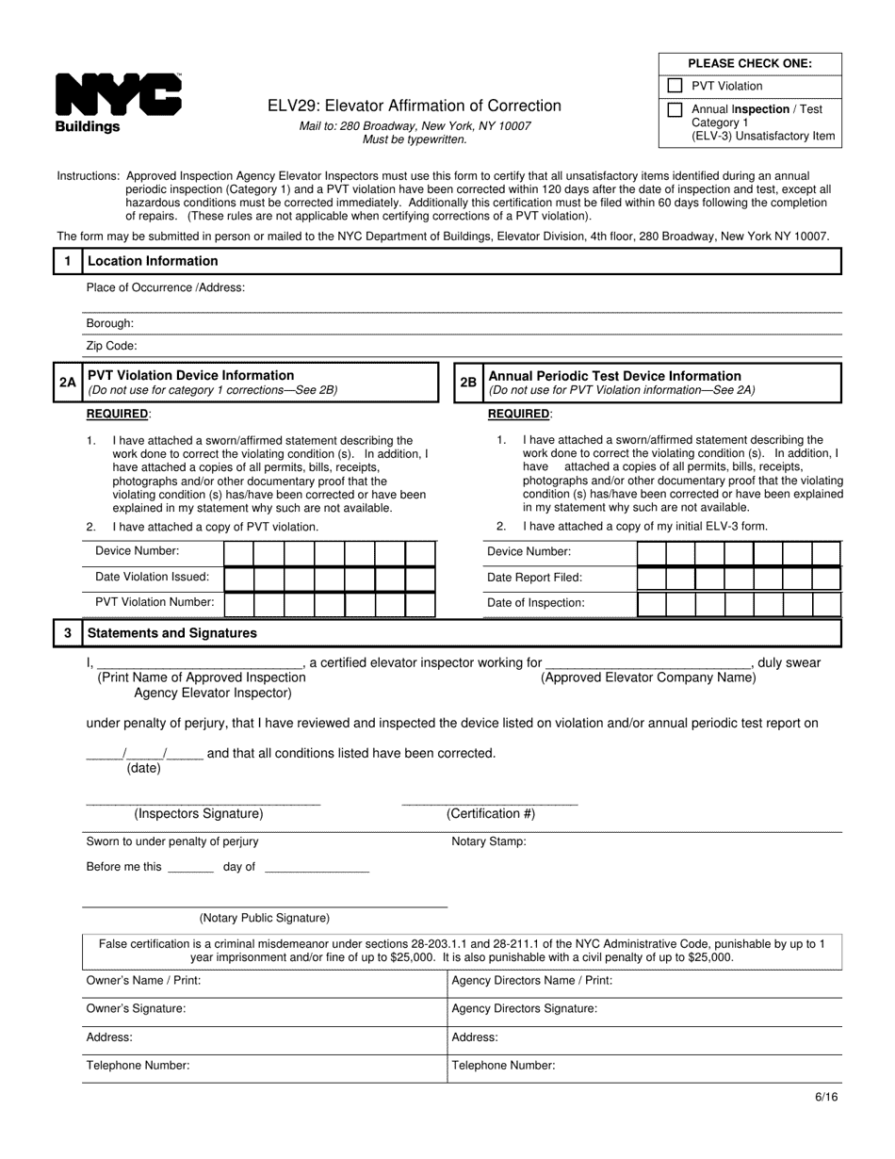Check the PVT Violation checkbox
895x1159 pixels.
tap(675, 86)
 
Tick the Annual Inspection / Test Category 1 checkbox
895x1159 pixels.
tap(675, 109)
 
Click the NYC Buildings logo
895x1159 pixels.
tap(118, 103)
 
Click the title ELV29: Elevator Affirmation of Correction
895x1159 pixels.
tap(414, 106)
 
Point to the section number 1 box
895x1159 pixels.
tap(67, 261)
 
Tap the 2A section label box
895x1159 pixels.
tap(67, 383)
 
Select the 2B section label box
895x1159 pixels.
tap(468, 383)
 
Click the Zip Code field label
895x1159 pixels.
tap(111, 346)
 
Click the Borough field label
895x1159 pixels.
tap(109, 323)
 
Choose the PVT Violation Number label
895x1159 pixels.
tap(155, 602)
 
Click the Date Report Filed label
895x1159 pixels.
tap(534, 578)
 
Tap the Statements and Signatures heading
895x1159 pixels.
tap(171, 633)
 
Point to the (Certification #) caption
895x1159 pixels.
tap(490, 813)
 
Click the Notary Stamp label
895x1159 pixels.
tap(489, 841)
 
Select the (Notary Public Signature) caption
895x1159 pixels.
tap(264, 918)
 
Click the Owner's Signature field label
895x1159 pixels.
tap(136, 1008)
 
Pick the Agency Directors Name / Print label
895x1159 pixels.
tap(531, 980)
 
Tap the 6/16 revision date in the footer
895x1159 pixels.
tap(826, 1097)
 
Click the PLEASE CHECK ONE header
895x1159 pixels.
tap(749, 64)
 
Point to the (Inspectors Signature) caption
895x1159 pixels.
tap(198, 813)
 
